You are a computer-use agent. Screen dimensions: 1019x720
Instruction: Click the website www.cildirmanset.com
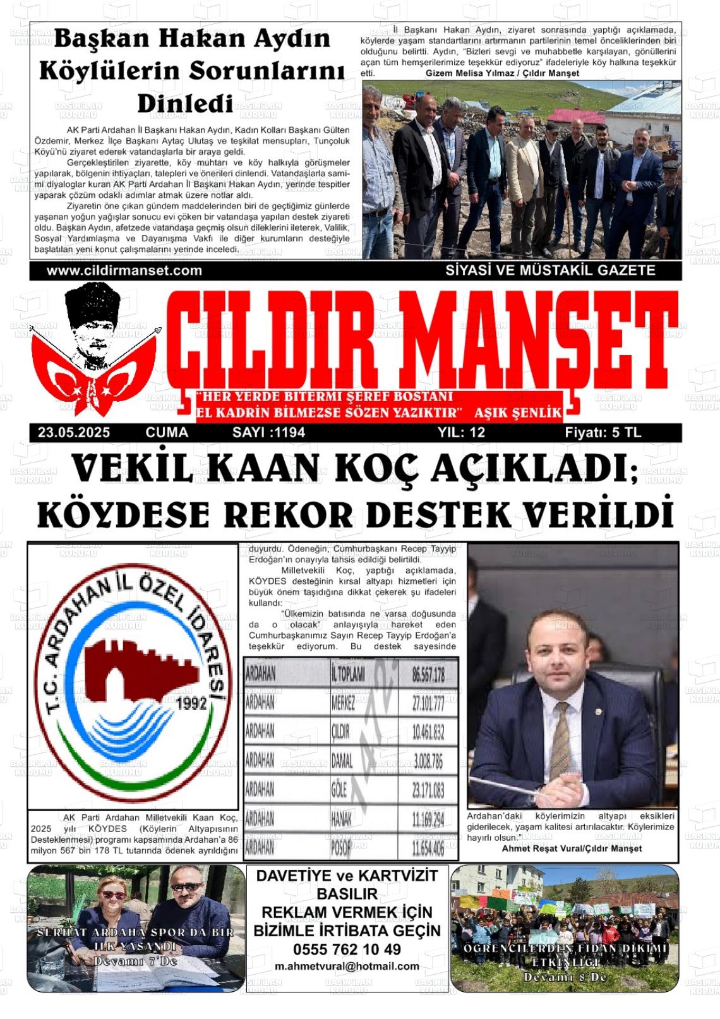[124, 270]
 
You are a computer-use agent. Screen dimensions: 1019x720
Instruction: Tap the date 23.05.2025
[74, 433]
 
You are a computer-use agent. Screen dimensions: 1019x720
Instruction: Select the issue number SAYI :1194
[268, 433]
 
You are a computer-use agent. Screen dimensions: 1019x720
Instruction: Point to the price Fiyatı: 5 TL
[603, 433]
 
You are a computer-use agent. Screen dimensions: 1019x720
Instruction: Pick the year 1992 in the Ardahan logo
[193, 704]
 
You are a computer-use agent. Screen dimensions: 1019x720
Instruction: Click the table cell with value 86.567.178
[428, 675]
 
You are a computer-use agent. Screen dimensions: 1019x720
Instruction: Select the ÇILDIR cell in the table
[340, 732]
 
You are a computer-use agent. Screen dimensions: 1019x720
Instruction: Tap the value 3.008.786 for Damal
[428, 761]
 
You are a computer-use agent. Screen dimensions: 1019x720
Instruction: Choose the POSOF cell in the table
[340, 848]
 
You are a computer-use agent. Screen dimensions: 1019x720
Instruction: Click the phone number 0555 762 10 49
[347, 949]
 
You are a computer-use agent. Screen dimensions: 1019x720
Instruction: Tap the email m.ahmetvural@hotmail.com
[347, 966]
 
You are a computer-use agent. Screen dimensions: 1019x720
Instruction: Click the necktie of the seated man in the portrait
[560, 733]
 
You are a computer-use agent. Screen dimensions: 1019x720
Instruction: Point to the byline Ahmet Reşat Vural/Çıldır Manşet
[572, 848]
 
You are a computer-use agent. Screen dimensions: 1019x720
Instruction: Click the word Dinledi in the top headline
[185, 104]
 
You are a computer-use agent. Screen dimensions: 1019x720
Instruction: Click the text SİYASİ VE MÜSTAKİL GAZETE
[550, 270]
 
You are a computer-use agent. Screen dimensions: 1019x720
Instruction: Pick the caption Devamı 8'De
[565, 977]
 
